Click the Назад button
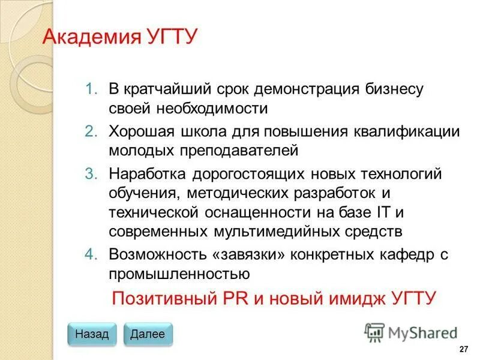click(92, 334)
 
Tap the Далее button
click(147, 334)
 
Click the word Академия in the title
click(89, 38)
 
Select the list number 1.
click(91, 90)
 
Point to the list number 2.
click(91, 131)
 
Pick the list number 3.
click(91, 174)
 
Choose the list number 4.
click(91, 254)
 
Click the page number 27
click(463, 350)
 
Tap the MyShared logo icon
click(374, 332)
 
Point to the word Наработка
click(148, 174)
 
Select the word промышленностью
click(179, 274)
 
